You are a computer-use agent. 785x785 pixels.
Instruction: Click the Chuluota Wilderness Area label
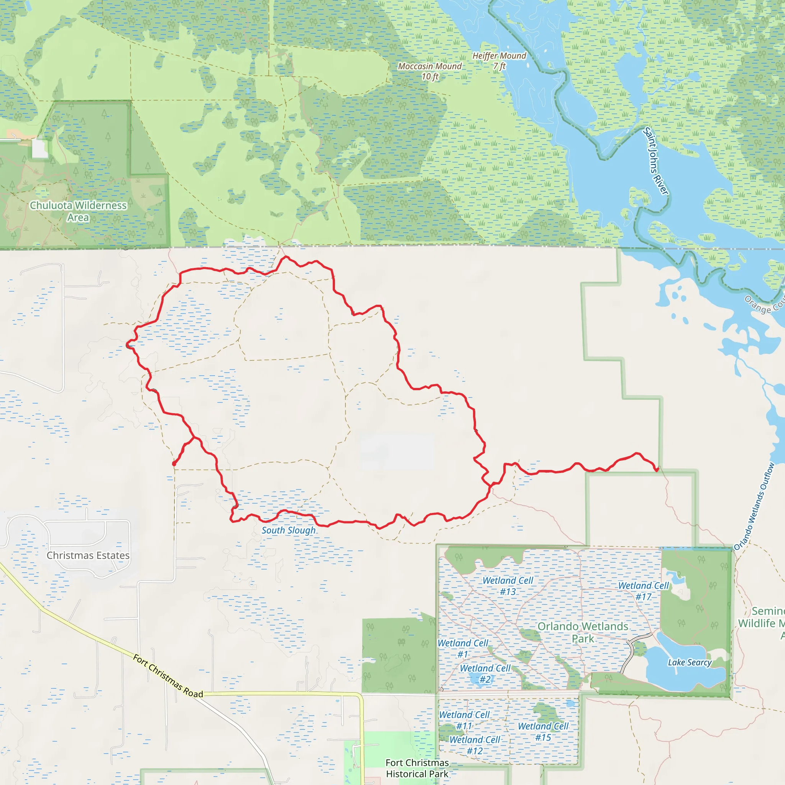point(78,211)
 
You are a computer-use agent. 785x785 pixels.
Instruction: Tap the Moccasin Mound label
point(430,71)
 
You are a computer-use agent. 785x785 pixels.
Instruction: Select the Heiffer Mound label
point(499,61)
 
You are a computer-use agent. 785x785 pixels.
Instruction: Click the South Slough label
point(289,530)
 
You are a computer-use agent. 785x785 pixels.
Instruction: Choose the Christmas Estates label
point(88,555)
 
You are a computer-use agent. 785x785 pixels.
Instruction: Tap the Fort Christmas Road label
point(168,676)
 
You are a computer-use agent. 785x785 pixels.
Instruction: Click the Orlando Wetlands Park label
point(583,632)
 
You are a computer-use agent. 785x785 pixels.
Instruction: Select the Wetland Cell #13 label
point(508,586)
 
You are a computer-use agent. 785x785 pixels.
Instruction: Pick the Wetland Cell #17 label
point(644,591)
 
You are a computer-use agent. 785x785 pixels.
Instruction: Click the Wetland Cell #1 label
point(463,649)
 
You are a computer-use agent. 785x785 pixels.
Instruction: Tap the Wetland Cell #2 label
point(485,674)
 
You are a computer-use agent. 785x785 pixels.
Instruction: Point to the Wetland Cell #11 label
point(465,720)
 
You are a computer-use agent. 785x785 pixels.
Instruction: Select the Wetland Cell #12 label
point(475,745)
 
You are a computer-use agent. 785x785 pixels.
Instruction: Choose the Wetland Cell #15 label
point(543,731)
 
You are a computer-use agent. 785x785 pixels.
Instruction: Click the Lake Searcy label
point(690,663)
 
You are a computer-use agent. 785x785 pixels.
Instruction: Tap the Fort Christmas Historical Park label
point(417,769)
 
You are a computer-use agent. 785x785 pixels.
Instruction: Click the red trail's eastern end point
point(657,470)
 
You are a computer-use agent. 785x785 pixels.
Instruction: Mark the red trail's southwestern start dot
point(174,464)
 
